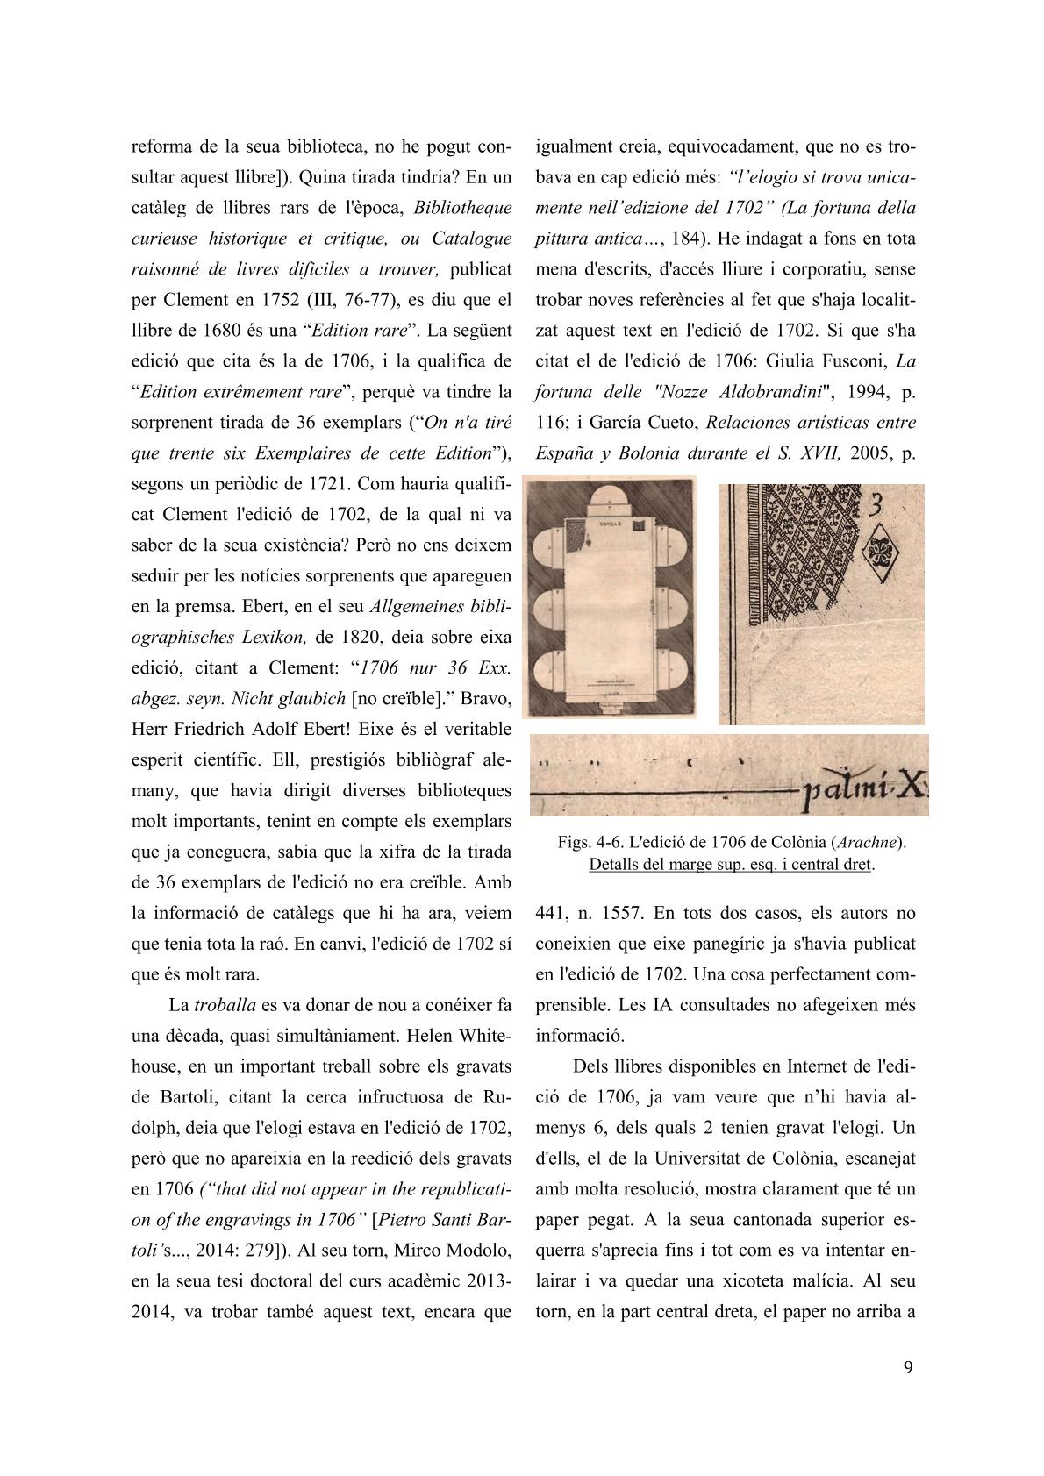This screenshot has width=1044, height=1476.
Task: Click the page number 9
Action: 908,1368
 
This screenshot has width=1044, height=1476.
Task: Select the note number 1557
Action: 626,912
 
